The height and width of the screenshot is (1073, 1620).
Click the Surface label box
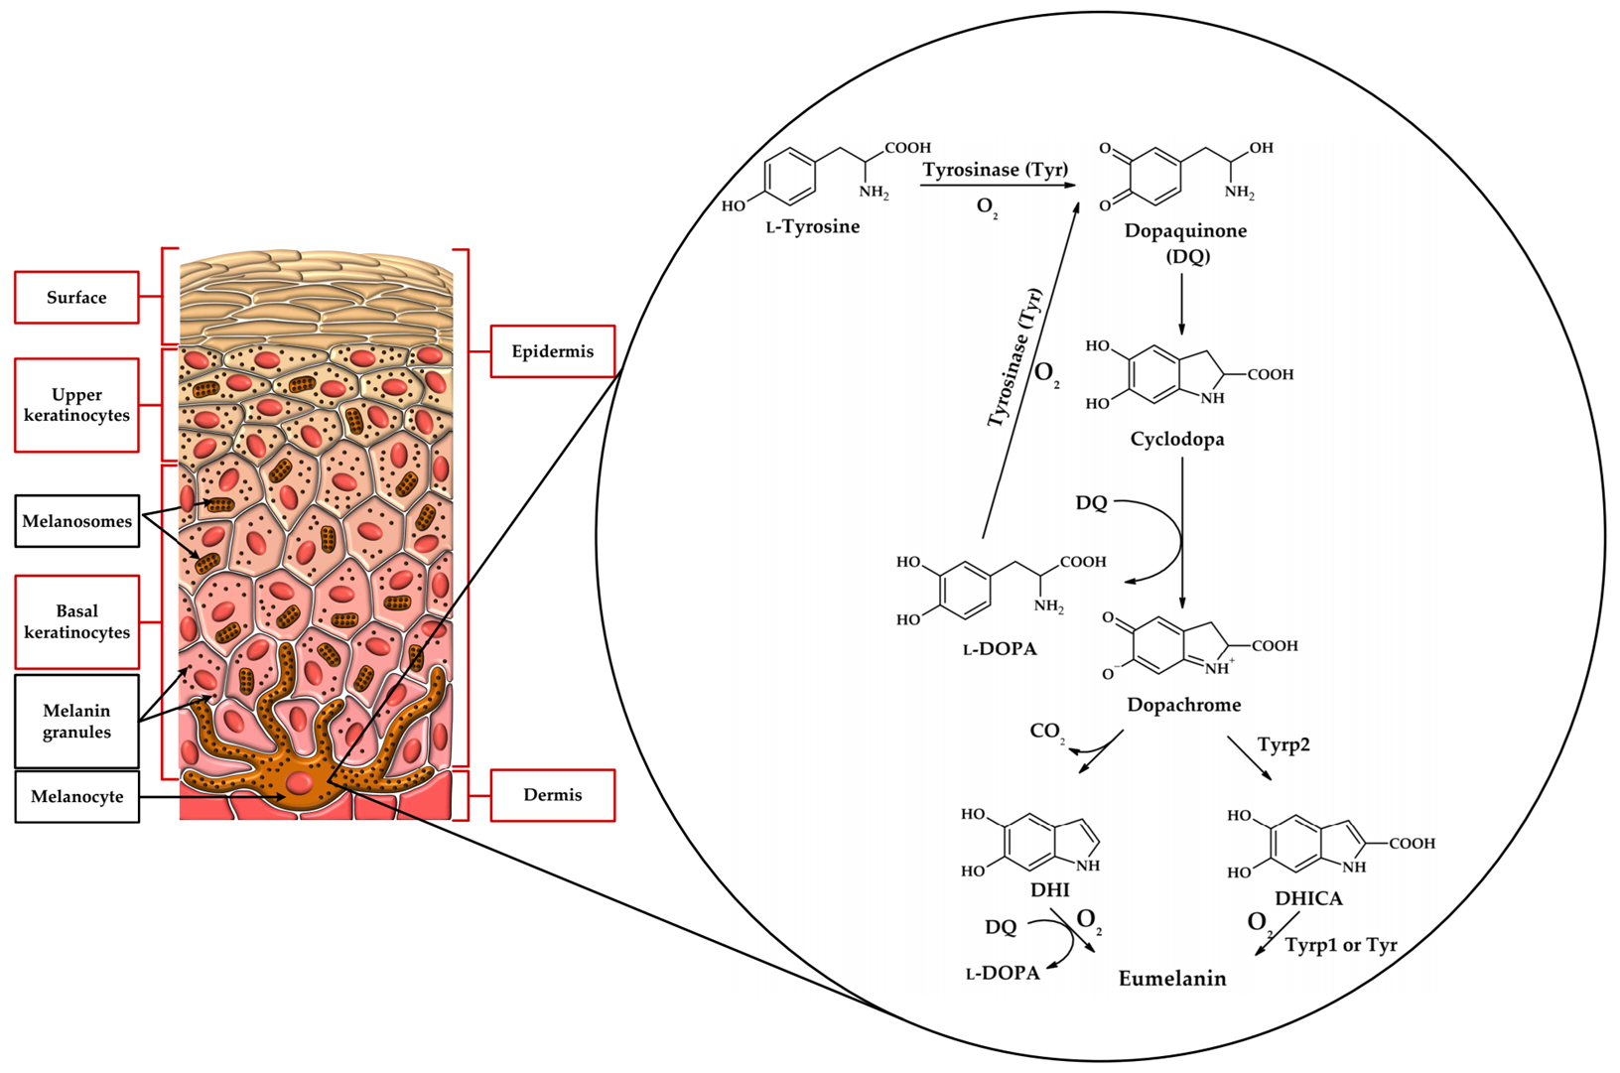[76, 297]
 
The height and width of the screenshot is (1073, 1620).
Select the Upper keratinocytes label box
[76, 405]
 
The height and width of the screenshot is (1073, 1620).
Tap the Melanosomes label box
[76, 520]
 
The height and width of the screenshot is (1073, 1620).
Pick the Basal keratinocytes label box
[76, 621]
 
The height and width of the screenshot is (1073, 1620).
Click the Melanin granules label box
[76, 721]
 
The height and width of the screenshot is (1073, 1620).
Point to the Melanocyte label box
[76, 797]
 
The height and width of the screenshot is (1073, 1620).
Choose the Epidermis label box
[553, 351]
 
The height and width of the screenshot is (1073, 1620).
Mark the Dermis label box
[553, 795]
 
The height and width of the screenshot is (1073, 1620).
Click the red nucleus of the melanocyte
[299, 782]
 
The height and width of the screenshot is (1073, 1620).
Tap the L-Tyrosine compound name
[813, 227]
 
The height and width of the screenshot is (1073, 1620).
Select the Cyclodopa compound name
[1177, 439]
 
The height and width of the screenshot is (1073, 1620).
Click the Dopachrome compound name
[1184, 704]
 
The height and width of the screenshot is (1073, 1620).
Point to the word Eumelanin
[1172, 979]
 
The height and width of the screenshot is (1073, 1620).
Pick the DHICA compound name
[1308, 898]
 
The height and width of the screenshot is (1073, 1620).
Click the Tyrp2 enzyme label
[1283, 744]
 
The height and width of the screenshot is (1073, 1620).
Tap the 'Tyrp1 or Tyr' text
[1341, 945]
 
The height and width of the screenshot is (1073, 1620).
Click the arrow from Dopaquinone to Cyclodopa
[1181, 304]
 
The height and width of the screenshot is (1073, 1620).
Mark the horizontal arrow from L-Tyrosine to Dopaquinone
[998, 185]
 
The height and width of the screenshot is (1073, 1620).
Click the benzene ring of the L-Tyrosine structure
[790, 176]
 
